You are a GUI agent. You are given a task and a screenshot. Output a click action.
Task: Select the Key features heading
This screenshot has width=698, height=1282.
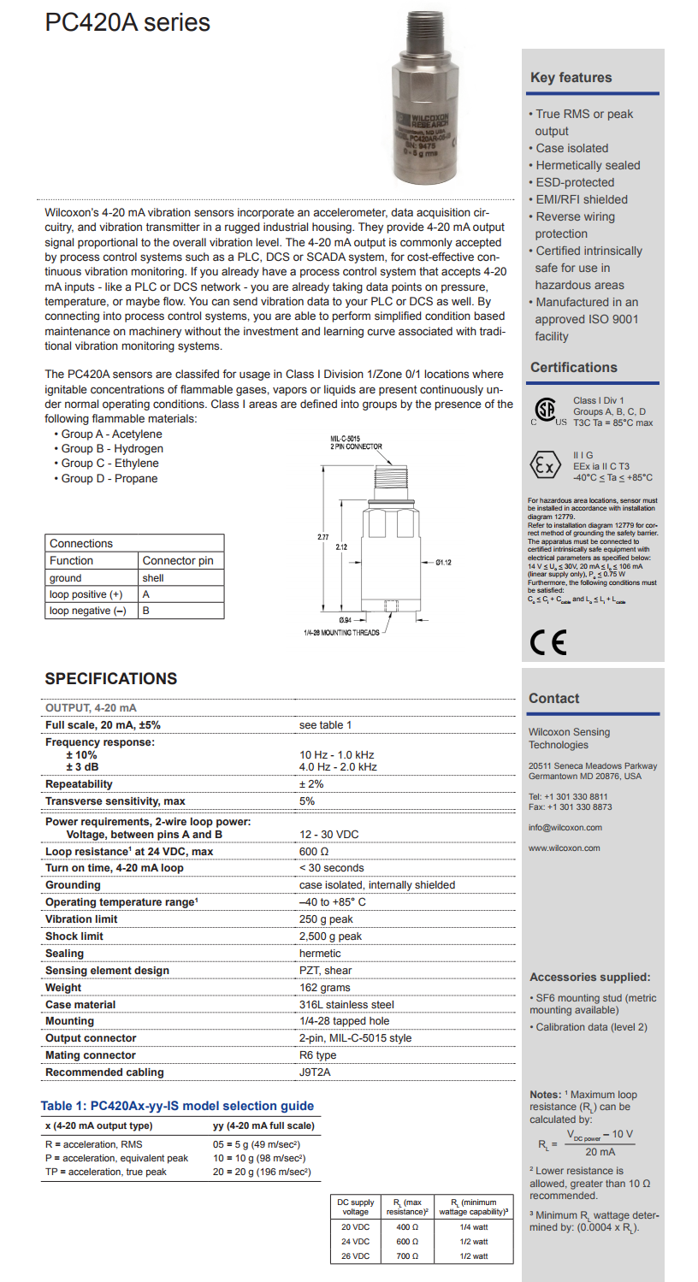(x=571, y=78)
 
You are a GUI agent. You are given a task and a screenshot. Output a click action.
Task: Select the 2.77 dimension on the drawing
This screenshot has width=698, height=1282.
(x=322, y=537)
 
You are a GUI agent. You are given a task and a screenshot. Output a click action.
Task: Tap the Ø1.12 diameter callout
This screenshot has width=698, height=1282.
(x=443, y=562)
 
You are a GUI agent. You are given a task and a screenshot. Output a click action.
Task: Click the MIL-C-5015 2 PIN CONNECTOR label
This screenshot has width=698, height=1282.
(x=356, y=442)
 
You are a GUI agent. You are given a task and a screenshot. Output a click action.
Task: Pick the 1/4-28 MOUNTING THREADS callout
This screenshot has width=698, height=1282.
(x=341, y=633)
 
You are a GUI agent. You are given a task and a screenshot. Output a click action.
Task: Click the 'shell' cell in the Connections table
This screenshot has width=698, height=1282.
(x=154, y=577)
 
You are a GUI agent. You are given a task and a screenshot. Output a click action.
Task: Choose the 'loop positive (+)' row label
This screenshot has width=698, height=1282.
(x=86, y=594)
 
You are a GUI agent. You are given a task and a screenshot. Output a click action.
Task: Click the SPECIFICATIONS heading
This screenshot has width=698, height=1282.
(x=111, y=679)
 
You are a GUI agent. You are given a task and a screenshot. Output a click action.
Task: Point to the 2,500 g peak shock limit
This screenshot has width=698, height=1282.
(x=330, y=936)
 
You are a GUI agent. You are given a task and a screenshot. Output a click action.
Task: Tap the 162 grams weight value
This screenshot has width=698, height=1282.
(x=325, y=988)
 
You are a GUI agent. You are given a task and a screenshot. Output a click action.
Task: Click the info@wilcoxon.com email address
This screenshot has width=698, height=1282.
(x=565, y=827)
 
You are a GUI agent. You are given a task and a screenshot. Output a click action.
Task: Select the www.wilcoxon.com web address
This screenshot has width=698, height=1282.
(x=565, y=848)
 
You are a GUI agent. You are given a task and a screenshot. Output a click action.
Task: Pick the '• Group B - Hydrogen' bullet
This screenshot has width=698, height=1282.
(x=109, y=449)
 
